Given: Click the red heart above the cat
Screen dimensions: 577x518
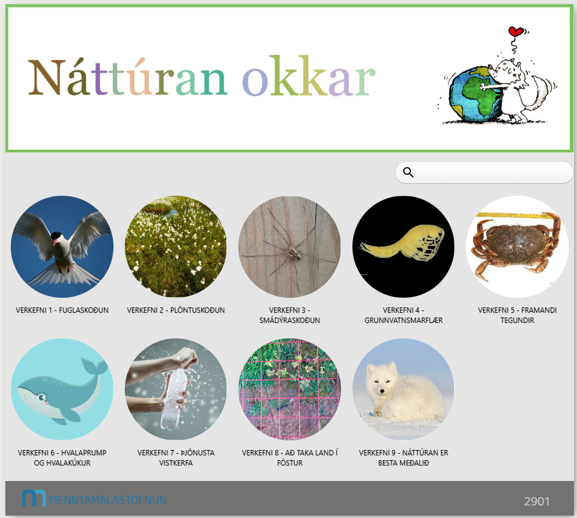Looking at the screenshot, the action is (x=516, y=31).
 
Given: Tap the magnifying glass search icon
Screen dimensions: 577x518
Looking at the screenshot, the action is (x=408, y=172).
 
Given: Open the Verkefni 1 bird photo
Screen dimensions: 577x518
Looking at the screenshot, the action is (x=62, y=246).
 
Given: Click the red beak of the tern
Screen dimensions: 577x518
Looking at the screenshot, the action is (x=55, y=242).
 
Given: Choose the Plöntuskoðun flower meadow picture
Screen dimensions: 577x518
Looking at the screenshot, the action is (x=176, y=246).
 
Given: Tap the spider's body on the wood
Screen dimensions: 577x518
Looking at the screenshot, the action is (x=294, y=253).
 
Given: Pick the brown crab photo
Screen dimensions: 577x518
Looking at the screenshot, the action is (x=517, y=246).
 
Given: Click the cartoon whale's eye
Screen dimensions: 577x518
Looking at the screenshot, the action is (x=42, y=397).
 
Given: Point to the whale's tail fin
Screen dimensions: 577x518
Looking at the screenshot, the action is (x=94, y=365).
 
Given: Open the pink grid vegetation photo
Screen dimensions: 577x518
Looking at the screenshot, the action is (x=290, y=389).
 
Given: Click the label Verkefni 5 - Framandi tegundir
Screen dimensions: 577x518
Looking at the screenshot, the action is (x=517, y=315).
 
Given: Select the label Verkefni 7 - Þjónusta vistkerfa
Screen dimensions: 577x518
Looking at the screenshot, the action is (x=176, y=458).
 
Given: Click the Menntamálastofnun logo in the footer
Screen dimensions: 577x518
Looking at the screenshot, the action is (x=94, y=499).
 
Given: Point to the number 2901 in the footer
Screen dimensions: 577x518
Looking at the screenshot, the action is (x=537, y=501).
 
